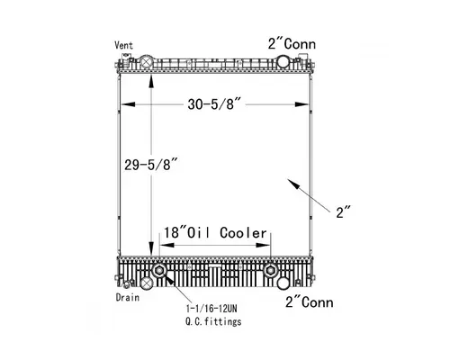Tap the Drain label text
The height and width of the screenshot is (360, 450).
127,296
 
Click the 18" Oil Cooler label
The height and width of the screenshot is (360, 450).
215,232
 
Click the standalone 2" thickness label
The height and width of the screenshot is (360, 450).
343,212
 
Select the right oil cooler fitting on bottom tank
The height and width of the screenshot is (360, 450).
270,271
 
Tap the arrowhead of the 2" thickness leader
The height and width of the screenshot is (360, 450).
290,182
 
